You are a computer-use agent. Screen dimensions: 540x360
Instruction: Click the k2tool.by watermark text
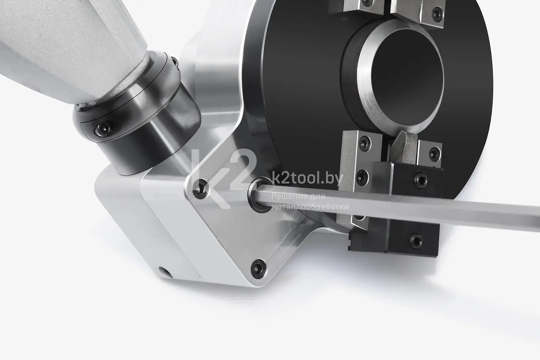click(307, 179)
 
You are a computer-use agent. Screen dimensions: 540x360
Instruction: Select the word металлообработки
click(310, 207)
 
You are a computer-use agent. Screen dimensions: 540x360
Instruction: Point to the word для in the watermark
click(316, 196)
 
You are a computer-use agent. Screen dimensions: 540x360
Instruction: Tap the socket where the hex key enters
click(260, 194)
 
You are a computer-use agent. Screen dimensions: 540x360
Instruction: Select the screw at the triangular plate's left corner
click(200, 189)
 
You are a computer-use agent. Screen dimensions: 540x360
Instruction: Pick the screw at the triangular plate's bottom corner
click(258, 268)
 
